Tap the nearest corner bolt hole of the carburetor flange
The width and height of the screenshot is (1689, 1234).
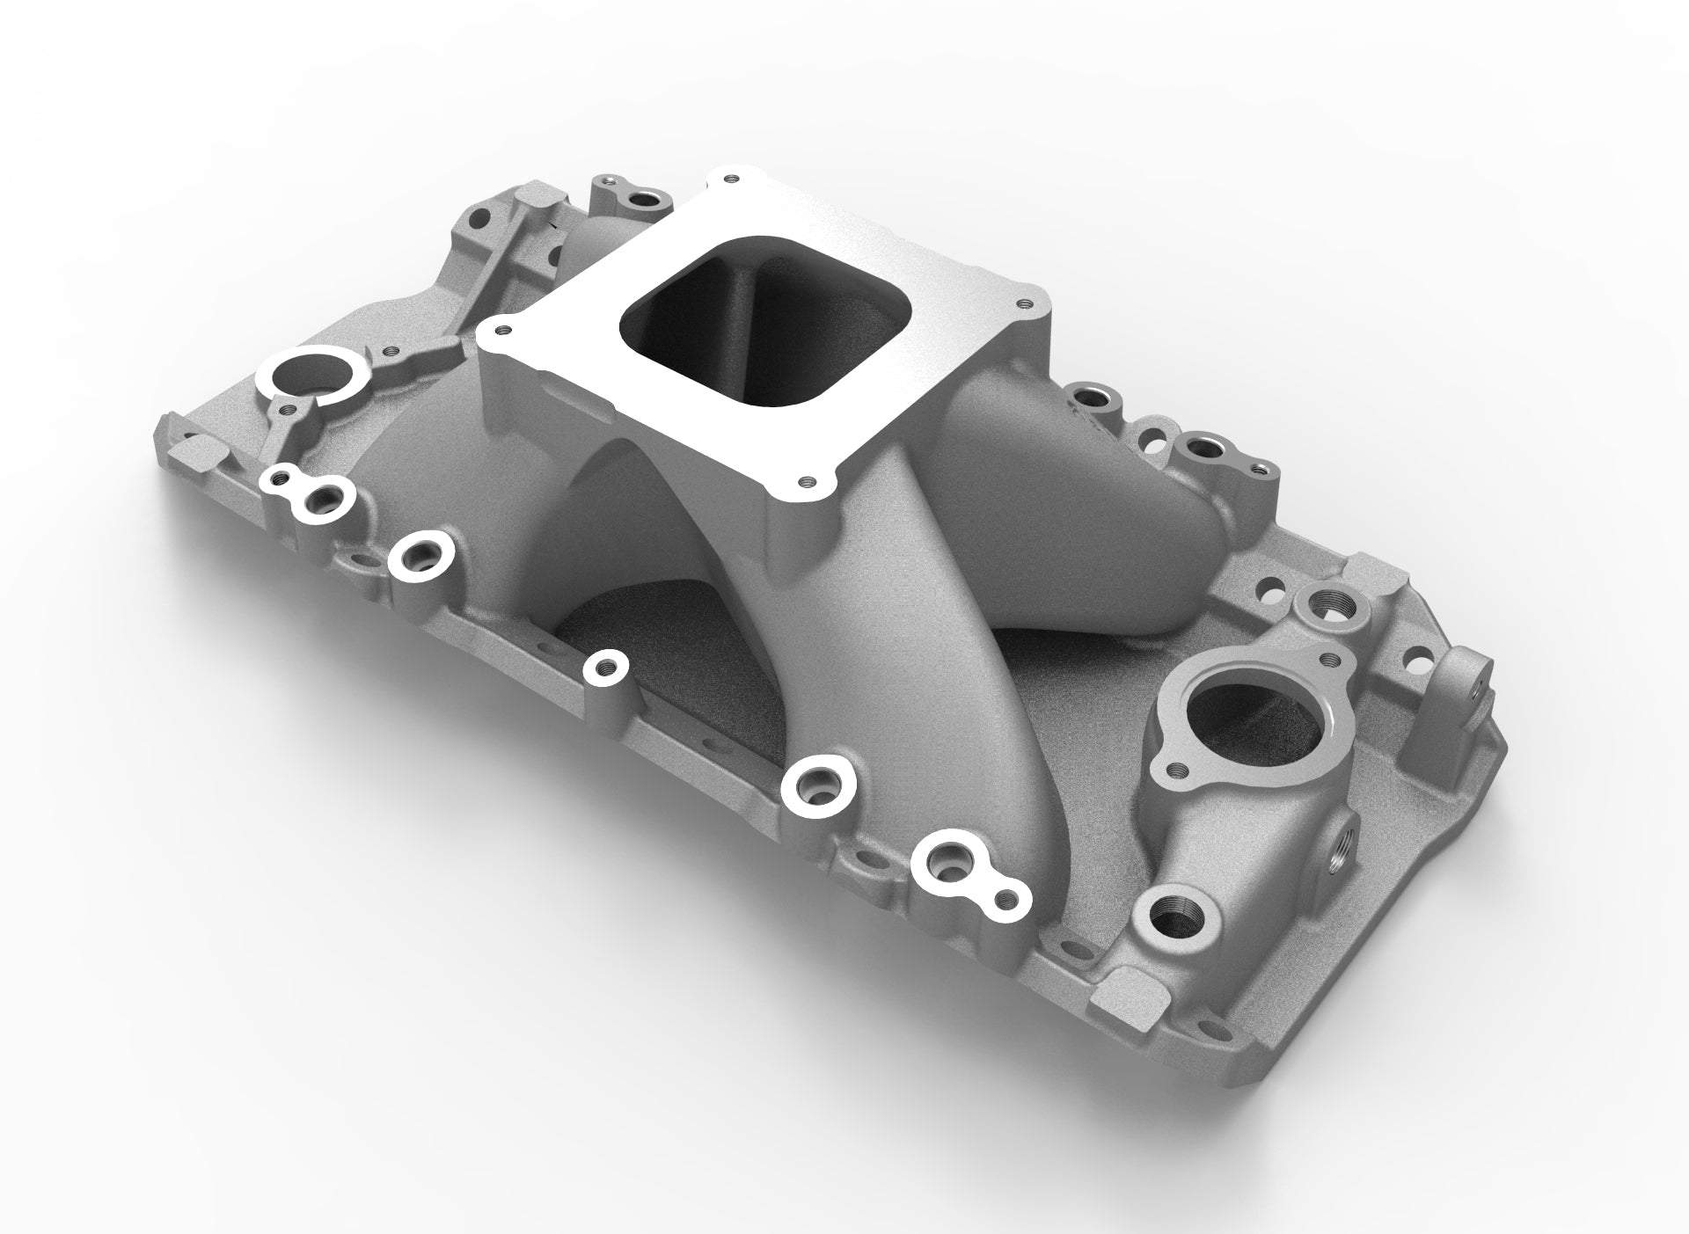coord(806,481)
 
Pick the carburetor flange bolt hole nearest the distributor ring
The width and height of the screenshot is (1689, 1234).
coord(501,332)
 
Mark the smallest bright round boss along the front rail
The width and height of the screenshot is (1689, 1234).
coord(604,666)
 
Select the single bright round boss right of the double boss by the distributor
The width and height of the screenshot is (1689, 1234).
coord(419,554)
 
